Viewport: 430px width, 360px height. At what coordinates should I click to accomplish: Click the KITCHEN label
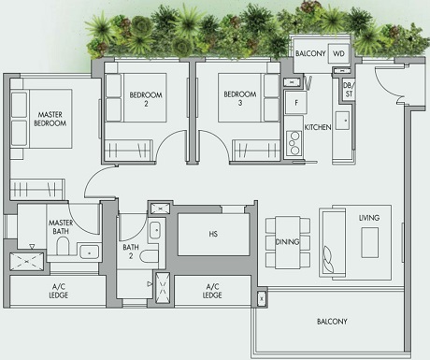pyautogui.click(x=318, y=126)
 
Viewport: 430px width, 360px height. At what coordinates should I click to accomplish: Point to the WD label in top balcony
pyautogui.click(x=338, y=54)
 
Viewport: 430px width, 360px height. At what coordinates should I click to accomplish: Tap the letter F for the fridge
pyautogui.click(x=296, y=102)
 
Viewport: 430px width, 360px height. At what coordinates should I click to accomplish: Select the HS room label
pyautogui.click(x=213, y=234)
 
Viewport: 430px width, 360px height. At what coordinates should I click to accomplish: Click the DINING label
pyautogui.click(x=287, y=241)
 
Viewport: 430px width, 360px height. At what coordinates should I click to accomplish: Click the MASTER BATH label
pyautogui.click(x=61, y=227)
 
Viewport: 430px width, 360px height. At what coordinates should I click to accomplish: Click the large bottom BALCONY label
pyautogui.click(x=331, y=322)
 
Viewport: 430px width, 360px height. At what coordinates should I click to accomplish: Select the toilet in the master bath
pyautogui.click(x=64, y=246)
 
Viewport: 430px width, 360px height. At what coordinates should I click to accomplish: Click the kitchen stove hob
pyautogui.click(x=294, y=142)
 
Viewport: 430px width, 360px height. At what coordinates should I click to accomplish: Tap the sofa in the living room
pyautogui.click(x=331, y=240)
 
